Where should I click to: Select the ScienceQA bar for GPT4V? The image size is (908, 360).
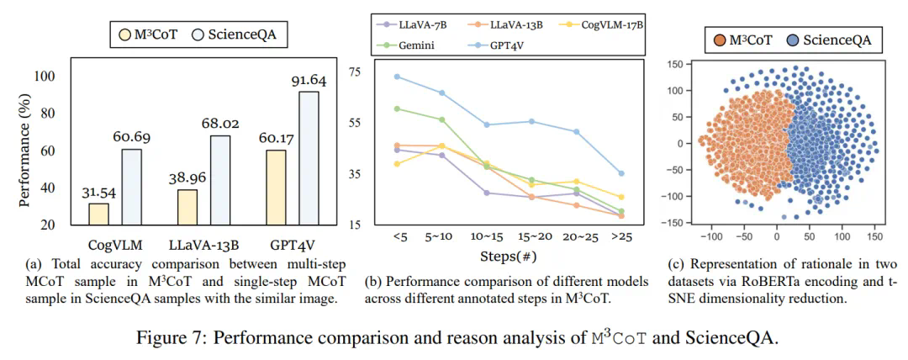coord(309,157)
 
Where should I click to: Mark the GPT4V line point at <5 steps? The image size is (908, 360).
coord(398,77)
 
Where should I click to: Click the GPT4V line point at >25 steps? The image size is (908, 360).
coord(621,173)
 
